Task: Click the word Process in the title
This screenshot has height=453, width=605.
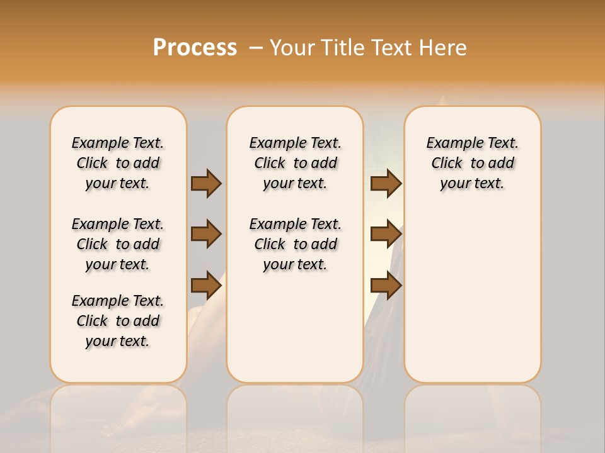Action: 195,48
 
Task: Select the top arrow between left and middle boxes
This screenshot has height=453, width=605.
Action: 206,183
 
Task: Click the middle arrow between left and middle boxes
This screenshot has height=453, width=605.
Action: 206,234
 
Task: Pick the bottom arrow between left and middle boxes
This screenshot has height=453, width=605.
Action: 206,285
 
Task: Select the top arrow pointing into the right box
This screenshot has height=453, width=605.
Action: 386,183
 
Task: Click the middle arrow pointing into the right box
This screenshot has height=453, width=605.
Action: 386,234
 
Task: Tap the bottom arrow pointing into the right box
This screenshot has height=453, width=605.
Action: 386,285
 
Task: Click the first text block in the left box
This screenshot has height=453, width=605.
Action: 118,163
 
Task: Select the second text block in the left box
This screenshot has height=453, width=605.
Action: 118,244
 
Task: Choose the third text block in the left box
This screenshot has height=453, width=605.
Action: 118,321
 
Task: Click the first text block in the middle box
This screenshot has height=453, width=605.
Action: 295,163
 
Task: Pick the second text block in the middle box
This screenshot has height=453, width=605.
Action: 295,244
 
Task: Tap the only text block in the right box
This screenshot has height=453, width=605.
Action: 472,163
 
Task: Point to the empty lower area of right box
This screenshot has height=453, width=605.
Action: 472,296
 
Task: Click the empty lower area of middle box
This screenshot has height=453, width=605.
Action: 295,327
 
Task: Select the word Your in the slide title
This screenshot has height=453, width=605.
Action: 293,48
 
